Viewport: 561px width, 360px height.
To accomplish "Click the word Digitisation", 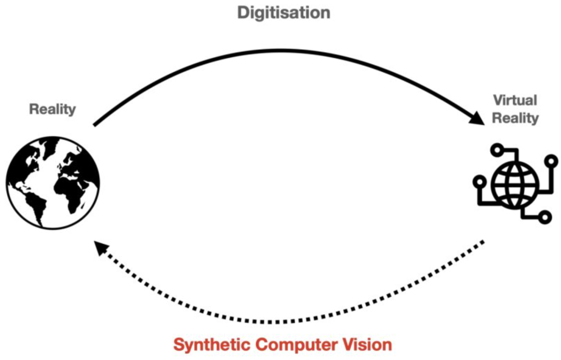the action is pos(284,12).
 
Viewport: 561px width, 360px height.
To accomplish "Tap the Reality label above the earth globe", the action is pos(52,109).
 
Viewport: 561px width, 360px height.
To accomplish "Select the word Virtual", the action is pos(515,100).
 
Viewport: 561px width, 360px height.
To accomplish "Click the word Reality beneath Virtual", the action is pos(515,118).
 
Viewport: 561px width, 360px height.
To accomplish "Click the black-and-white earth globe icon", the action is pos(53,182).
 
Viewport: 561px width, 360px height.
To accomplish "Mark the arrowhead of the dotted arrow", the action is pos(99,249).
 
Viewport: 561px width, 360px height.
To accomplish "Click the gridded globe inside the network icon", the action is pos(511,184).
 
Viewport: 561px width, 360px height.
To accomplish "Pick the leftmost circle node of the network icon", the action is pos(479,183).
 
